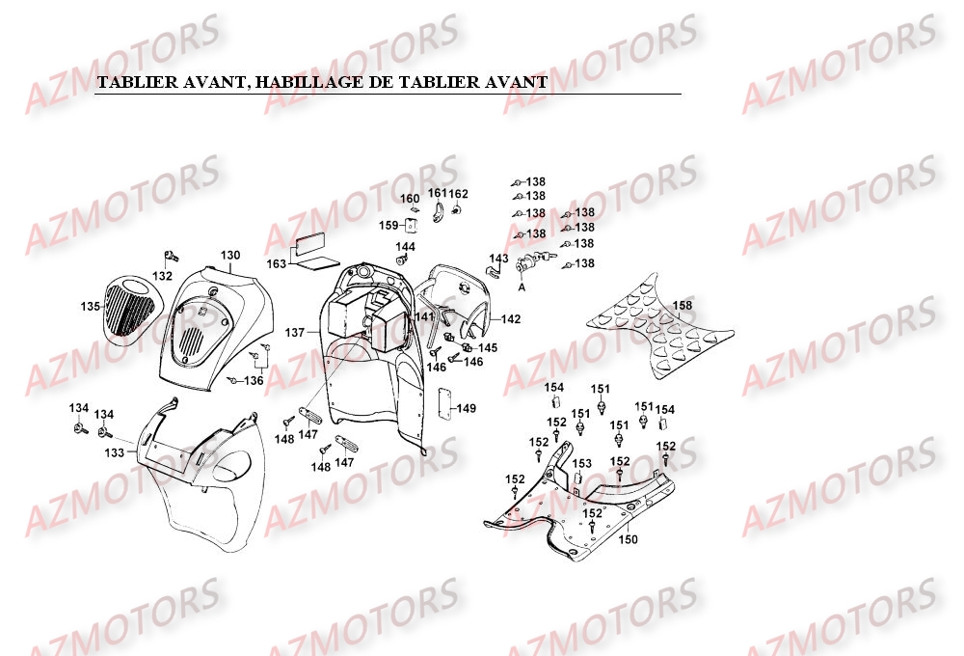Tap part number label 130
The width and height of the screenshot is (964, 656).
(230, 256)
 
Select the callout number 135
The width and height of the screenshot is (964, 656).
(91, 307)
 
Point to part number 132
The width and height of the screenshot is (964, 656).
(163, 277)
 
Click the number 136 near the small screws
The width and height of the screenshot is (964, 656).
(254, 380)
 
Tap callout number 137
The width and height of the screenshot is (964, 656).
(295, 333)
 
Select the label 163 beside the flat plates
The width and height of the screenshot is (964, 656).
(278, 263)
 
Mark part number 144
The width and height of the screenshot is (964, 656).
(406, 247)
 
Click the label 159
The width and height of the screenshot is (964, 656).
(388, 226)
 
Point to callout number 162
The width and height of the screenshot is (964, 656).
(459, 194)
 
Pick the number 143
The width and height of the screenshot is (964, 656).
(498, 259)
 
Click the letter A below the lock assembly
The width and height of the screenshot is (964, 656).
(522, 287)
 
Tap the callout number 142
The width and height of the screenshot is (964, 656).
(511, 318)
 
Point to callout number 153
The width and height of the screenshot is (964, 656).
(582, 464)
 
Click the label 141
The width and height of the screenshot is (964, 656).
(425, 317)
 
